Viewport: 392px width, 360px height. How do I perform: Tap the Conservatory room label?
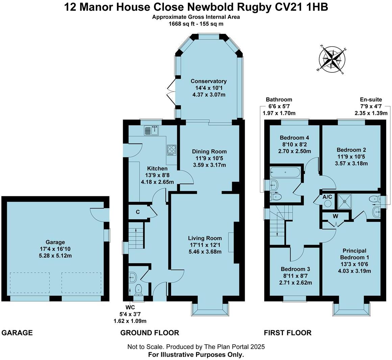(209, 81)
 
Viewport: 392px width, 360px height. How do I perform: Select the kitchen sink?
(152, 130)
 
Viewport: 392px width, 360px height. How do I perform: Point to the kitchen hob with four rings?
(172, 150)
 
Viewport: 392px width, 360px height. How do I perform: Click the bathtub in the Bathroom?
(285, 173)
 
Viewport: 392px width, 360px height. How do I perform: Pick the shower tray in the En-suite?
(344, 201)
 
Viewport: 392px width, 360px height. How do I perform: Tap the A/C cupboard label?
(327, 197)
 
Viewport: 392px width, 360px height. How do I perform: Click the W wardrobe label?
(335, 216)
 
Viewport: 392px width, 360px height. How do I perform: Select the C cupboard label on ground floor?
(138, 212)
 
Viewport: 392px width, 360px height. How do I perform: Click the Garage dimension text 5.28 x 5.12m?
(55, 255)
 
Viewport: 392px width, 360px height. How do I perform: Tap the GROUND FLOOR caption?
(149, 333)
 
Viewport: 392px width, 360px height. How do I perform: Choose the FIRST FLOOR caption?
(288, 333)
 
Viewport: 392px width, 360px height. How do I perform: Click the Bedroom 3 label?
(295, 269)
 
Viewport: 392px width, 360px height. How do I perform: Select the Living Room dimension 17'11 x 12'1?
(205, 245)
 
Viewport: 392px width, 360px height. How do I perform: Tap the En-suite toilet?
(374, 199)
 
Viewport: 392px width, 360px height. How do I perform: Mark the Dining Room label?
(209, 152)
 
